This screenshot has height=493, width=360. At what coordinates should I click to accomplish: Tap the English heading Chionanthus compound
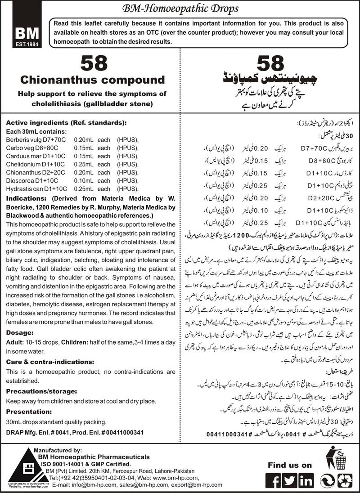[x=93, y=80]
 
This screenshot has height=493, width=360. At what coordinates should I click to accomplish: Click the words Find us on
[x=289, y=465]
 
